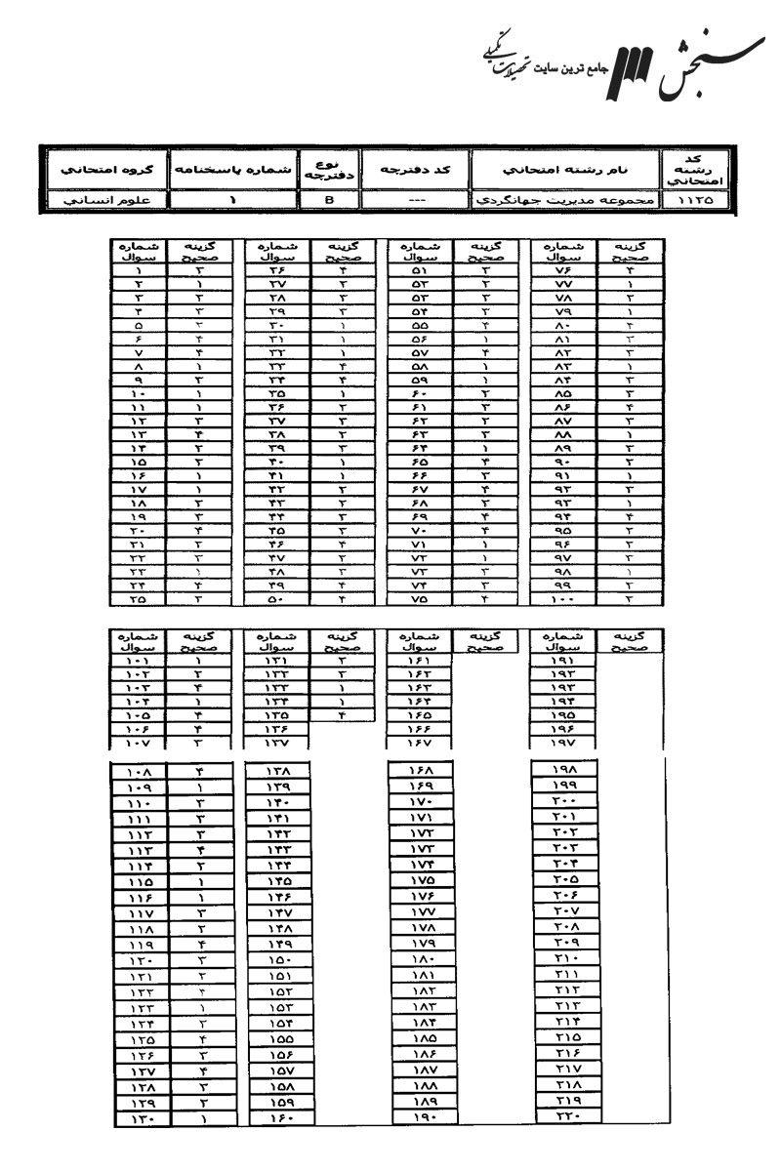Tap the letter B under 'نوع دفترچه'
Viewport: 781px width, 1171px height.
pos(328,202)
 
